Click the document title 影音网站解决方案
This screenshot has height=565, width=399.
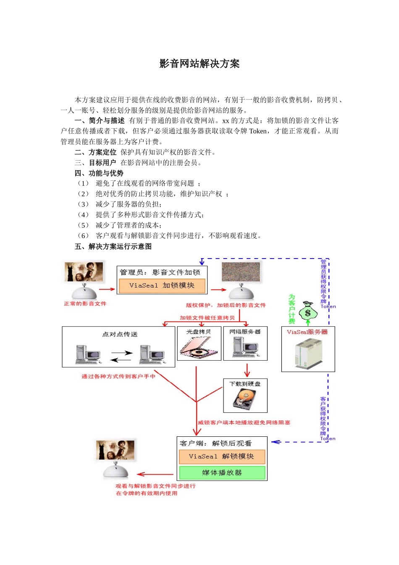(x=199, y=64)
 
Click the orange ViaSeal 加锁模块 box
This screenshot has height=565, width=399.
(x=162, y=285)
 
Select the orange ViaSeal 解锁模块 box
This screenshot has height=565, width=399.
(x=222, y=457)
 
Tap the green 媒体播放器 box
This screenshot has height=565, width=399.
(x=222, y=473)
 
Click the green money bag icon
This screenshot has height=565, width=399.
(x=308, y=312)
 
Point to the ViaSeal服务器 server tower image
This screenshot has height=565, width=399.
(x=308, y=354)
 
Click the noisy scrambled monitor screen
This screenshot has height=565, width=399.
(x=241, y=272)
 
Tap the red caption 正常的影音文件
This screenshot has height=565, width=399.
(x=85, y=304)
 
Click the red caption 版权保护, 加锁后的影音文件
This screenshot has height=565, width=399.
(x=226, y=305)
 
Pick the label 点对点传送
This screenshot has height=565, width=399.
(x=120, y=334)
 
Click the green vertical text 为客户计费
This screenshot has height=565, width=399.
(x=292, y=309)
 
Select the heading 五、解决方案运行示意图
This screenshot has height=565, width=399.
(x=113, y=246)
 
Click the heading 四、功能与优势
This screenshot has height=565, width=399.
(x=99, y=173)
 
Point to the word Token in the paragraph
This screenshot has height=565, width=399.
(x=257, y=131)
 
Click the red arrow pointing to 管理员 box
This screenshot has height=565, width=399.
(x=107, y=289)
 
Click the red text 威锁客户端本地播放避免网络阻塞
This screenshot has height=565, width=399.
(x=244, y=422)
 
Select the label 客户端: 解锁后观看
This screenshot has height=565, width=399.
(x=215, y=443)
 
